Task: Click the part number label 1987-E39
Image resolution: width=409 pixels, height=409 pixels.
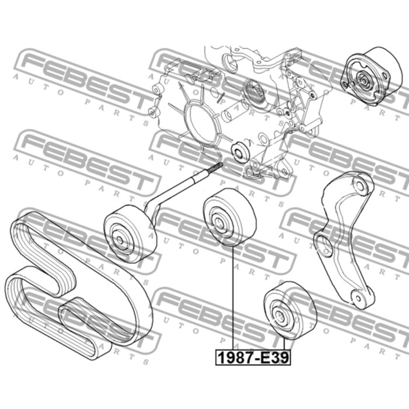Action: click(x=253, y=358)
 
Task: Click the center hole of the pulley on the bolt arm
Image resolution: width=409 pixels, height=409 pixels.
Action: click(x=120, y=240)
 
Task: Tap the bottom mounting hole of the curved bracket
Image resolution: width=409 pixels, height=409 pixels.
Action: click(x=356, y=297)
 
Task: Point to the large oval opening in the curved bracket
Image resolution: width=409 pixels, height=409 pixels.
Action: click(x=324, y=246)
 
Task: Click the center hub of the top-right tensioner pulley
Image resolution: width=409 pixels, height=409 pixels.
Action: click(x=363, y=81)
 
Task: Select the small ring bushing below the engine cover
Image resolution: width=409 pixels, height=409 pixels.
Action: click(x=240, y=152)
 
